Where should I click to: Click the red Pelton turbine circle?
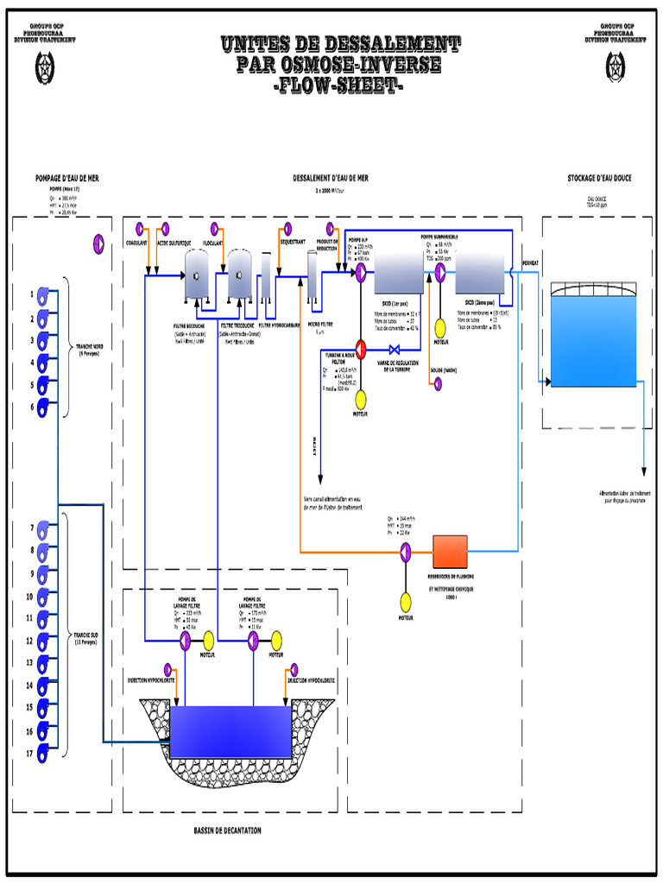pos(361,349)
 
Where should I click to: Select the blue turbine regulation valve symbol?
pos(395,350)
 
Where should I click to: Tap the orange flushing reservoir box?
pos(450,551)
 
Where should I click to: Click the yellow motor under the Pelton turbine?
pos(361,398)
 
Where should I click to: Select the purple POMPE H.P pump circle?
pos(360,270)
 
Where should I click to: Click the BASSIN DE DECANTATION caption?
pos(227,830)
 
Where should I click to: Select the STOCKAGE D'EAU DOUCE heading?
pos(598,178)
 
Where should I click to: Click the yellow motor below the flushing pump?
pos(406,601)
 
